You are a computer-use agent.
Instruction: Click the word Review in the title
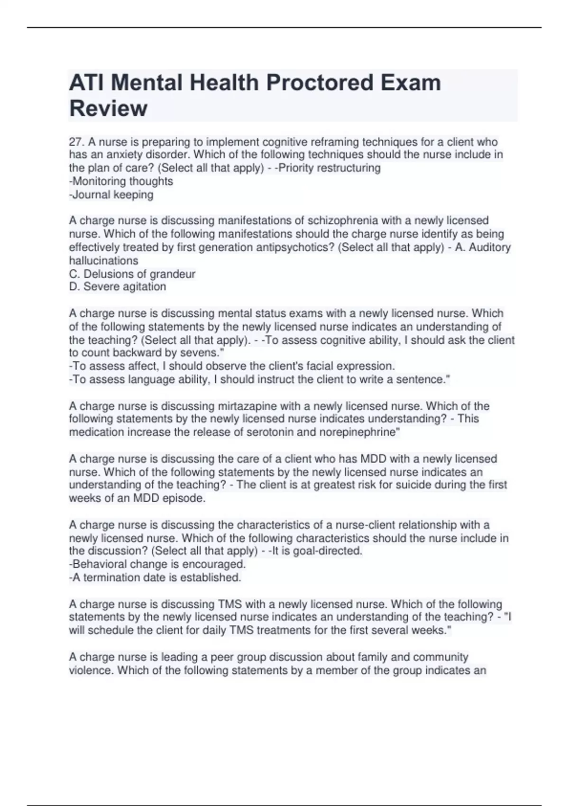(108, 109)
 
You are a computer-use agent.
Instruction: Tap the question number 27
(76, 142)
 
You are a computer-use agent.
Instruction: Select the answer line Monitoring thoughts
(121, 181)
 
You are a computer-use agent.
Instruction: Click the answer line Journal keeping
(111, 194)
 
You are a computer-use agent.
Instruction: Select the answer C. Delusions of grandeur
(132, 274)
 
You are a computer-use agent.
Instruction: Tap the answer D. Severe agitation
(118, 287)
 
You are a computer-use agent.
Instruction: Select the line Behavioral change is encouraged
(157, 564)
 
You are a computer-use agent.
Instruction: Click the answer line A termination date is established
(155, 577)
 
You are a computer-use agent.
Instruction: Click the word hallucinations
(104, 261)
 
